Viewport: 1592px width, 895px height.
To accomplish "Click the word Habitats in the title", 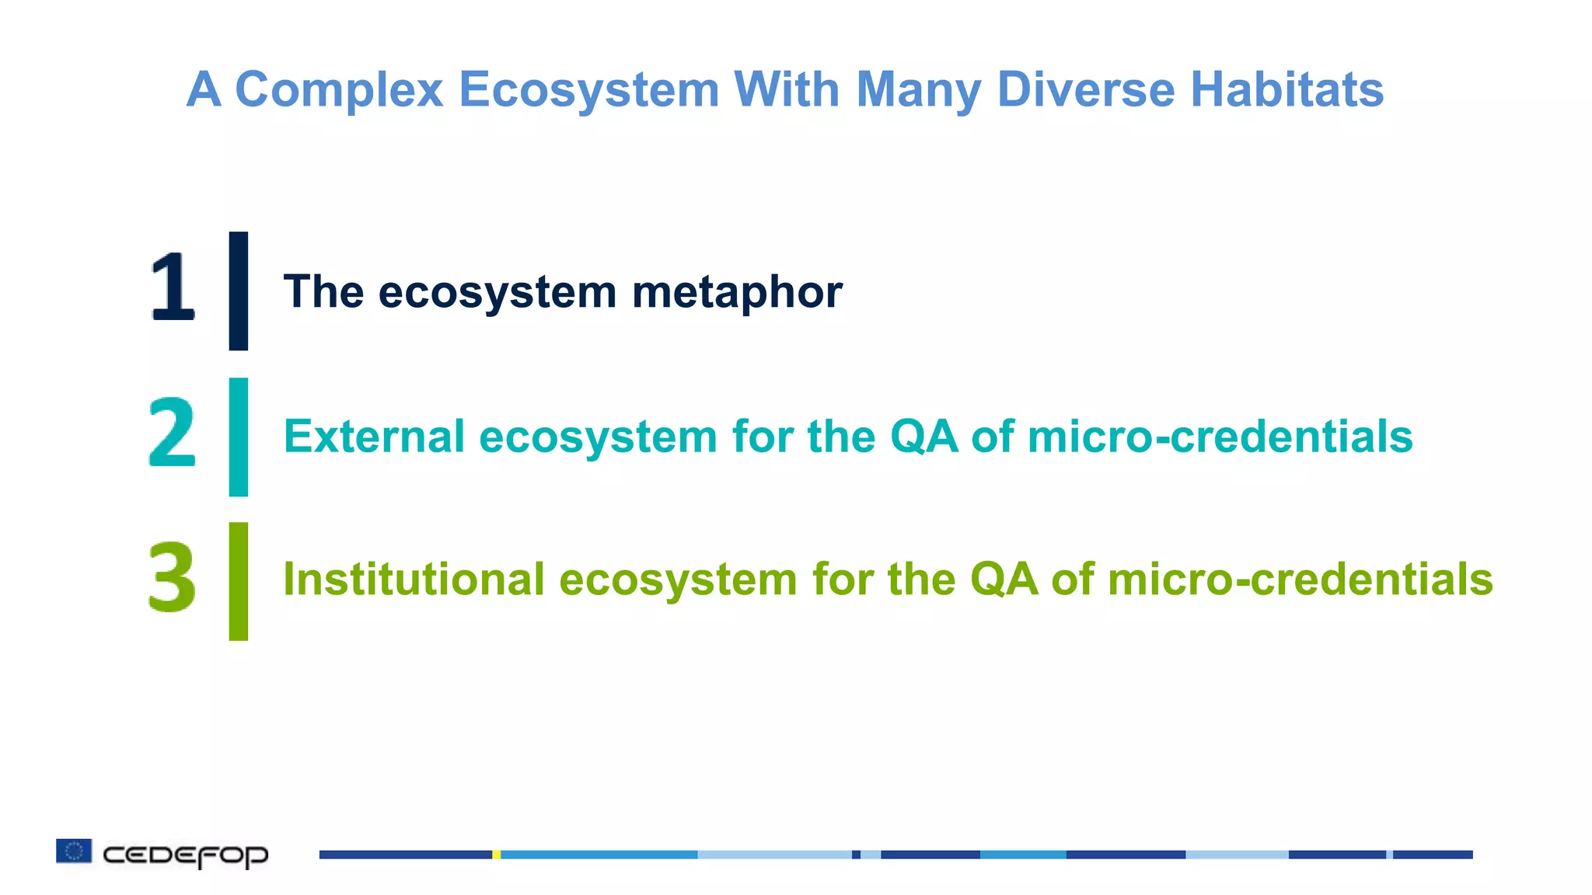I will [x=1287, y=89].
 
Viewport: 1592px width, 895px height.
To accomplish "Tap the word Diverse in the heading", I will [x=1086, y=89].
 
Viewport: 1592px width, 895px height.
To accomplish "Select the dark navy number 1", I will [x=172, y=288].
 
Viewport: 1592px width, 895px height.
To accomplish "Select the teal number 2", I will [x=172, y=432].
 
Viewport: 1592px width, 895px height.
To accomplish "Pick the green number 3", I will [x=172, y=576].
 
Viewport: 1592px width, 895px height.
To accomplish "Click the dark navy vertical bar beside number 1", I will [x=239, y=291].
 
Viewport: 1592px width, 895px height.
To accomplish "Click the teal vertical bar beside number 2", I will [x=239, y=437].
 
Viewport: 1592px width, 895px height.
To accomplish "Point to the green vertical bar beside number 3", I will [x=239, y=581].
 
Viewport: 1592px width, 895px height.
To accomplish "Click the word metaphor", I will [x=737, y=293].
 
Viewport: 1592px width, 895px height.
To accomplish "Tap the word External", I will [x=374, y=436].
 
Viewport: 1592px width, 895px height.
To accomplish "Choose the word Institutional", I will [x=414, y=580].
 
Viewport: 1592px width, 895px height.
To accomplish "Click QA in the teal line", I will [x=923, y=437].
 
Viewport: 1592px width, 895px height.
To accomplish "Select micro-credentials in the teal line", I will [x=1220, y=437].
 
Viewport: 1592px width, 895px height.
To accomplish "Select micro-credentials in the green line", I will [x=1300, y=580].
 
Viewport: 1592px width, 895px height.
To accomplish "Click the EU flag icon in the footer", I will [x=74, y=851].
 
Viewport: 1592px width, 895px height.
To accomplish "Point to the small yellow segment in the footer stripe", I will [x=496, y=855].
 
